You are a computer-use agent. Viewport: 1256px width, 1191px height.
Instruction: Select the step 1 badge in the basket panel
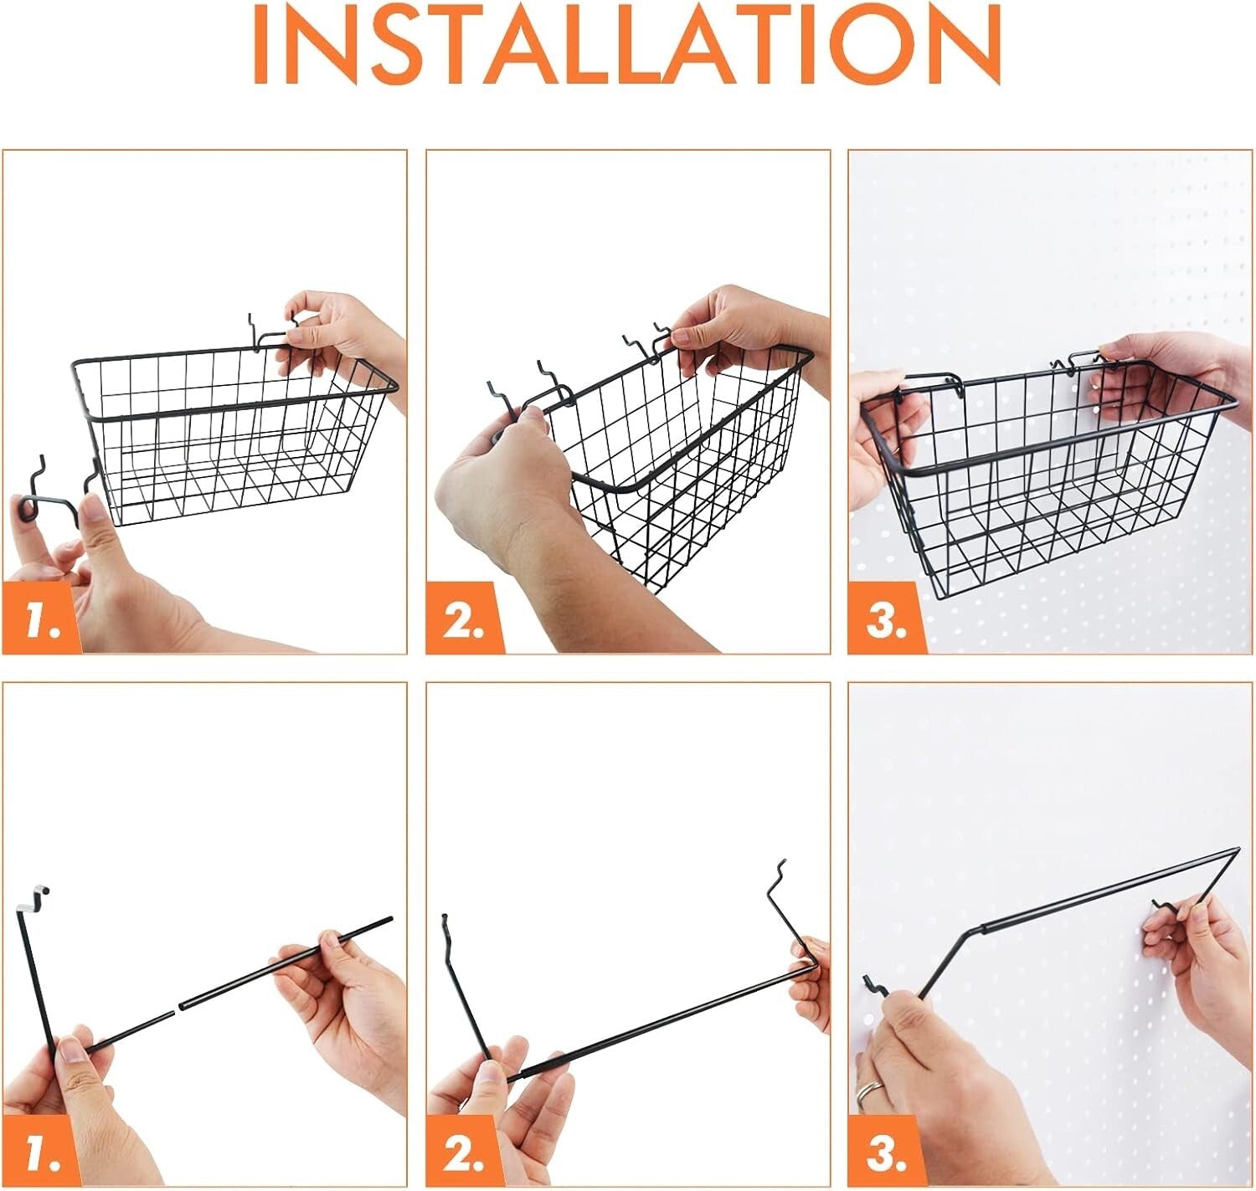42,620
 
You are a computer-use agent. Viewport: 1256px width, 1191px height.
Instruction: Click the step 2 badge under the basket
464,620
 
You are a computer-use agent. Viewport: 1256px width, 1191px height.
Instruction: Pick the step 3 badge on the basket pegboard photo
886,620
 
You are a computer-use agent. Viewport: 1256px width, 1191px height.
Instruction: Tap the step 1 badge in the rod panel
42,1152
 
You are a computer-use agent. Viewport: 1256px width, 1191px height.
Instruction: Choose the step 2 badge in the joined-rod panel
464,1152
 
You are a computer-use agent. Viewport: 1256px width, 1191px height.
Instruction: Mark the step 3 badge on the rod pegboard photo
886,1152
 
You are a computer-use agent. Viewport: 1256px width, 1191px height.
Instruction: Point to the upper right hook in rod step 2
779,879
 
